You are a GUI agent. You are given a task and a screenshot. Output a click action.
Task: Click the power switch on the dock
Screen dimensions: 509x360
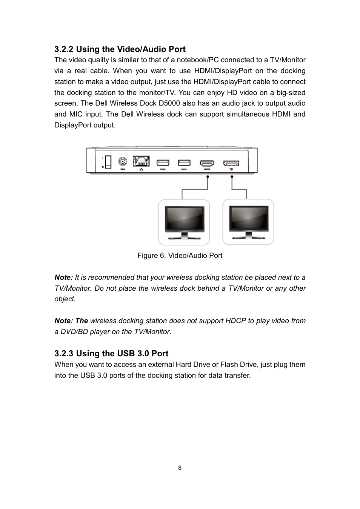108,162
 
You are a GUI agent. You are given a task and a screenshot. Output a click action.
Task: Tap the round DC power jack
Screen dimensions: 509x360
123,162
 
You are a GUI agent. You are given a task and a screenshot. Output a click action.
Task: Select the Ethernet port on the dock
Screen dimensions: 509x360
141,161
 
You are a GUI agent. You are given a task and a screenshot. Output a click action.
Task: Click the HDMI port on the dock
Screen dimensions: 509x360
207,163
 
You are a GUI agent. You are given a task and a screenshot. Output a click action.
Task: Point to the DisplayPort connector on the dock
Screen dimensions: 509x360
231,163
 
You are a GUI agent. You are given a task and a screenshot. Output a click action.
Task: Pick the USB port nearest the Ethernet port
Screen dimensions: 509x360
163,163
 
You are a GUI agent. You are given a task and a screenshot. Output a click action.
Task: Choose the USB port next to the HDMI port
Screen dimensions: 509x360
184,163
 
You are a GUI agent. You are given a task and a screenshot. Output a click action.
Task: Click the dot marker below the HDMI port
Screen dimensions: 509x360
208,176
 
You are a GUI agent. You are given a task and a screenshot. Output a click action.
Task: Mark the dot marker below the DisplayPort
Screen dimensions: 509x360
232,176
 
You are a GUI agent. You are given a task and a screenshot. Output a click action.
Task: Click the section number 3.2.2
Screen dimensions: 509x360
64,49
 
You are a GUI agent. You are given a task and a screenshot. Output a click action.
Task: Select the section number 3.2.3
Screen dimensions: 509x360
64,354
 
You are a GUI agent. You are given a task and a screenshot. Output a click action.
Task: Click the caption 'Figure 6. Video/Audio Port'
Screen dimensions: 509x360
180,256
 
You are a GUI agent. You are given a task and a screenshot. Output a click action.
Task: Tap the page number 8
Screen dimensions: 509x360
180,468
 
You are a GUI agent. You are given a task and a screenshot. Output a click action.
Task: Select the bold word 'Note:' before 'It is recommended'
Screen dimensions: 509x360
63,277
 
